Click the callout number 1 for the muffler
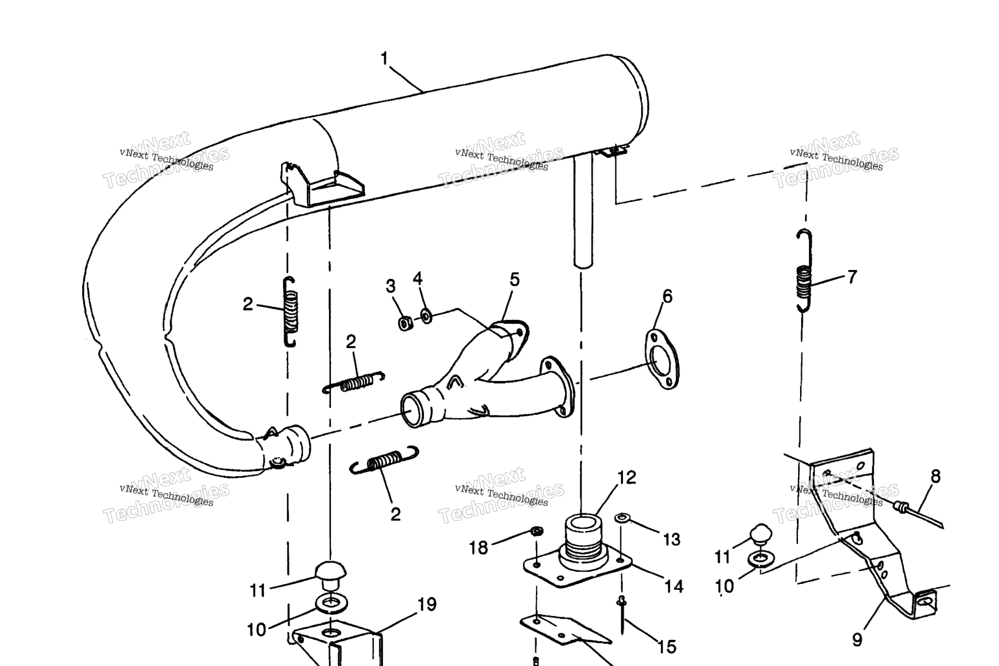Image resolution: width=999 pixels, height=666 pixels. pyautogui.click(x=384, y=59)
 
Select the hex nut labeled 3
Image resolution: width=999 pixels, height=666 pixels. pyautogui.click(x=405, y=323)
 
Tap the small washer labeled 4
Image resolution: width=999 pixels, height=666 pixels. pyautogui.click(x=427, y=316)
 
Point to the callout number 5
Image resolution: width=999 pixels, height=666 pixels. pyautogui.click(x=514, y=280)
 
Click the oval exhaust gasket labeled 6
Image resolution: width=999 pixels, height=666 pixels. pyautogui.click(x=663, y=360)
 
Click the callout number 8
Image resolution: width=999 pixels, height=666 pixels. pyautogui.click(x=936, y=477)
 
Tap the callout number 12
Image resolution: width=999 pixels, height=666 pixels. pyautogui.click(x=626, y=478)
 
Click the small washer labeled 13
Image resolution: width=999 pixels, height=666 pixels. pyautogui.click(x=622, y=518)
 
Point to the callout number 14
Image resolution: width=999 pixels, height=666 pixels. pyautogui.click(x=674, y=587)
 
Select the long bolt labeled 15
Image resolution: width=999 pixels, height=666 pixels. pyautogui.click(x=622, y=615)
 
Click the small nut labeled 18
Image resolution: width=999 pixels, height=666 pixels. pyautogui.click(x=537, y=531)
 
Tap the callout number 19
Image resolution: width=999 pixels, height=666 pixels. pyautogui.click(x=427, y=604)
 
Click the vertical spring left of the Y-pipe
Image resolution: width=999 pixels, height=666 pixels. pyautogui.click(x=290, y=312)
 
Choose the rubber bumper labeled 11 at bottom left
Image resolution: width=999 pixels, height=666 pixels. pyautogui.click(x=330, y=573)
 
